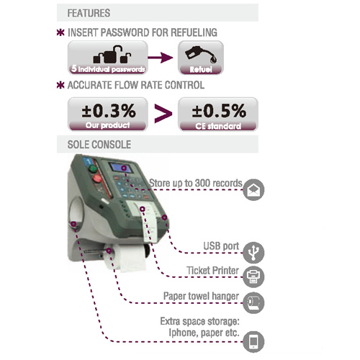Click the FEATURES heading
coord(89,13)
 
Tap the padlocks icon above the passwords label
coord(112,54)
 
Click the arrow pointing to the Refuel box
coord(161,58)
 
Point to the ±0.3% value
coord(109,111)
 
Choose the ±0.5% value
coord(219,111)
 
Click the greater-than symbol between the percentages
coord(163,114)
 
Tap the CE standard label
coord(218,126)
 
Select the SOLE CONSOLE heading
coord(99,145)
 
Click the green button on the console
coord(93,168)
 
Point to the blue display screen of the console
coord(120,168)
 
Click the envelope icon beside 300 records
coord(253,189)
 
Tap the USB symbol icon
coord(253,253)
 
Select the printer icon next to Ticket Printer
coord(253,276)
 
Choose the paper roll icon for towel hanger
coord(253,303)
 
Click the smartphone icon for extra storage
coord(253,342)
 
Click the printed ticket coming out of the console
coord(149,225)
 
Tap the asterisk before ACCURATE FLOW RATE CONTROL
coord(60,85)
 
